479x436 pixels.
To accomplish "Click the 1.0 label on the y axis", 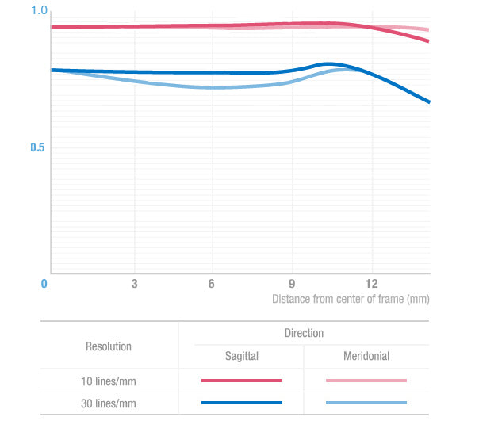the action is pyautogui.click(x=40, y=10).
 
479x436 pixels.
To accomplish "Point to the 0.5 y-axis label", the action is pyautogui.click(x=37, y=147).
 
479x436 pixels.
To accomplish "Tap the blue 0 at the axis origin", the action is pyautogui.click(x=44, y=284).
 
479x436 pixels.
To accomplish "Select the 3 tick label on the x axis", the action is pyautogui.click(x=134, y=284).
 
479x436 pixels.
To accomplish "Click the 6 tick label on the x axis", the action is pyautogui.click(x=212, y=284).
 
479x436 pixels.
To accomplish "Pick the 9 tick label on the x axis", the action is pyautogui.click(x=292, y=284).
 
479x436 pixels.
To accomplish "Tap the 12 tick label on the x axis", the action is pyautogui.click(x=372, y=284).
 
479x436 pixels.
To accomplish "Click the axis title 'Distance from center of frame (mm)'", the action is pyautogui.click(x=351, y=299).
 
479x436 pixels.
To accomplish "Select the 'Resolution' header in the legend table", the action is pyautogui.click(x=109, y=346).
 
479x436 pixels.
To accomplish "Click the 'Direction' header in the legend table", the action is pyautogui.click(x=304, y=333).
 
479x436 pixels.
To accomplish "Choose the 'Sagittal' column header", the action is pyautogui.click(x=242, y=356).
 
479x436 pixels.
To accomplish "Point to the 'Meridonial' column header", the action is pyautogui.click(x=366, y=356).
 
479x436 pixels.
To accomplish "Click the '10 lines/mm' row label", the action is pyautogui.click(x=109, y=381).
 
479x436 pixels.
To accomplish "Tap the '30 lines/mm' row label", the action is pyautogui.click(x=109, y=403).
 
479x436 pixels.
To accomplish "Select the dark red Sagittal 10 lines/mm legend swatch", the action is pyautogui.click(x=242, y=381).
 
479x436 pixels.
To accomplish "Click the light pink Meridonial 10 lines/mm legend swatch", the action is pyautogui.click(x=366, y=381).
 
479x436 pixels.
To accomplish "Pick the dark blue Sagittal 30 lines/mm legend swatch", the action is pyautogui.click(x=242, y=403).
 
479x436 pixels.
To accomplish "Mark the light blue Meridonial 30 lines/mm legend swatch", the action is pyautogui.click(x=366, y=403).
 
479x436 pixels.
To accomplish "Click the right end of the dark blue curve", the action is pyautogui.click(x=429, y=101).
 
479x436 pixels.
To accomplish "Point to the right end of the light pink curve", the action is pyautogui.click(x=428, y=29).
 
